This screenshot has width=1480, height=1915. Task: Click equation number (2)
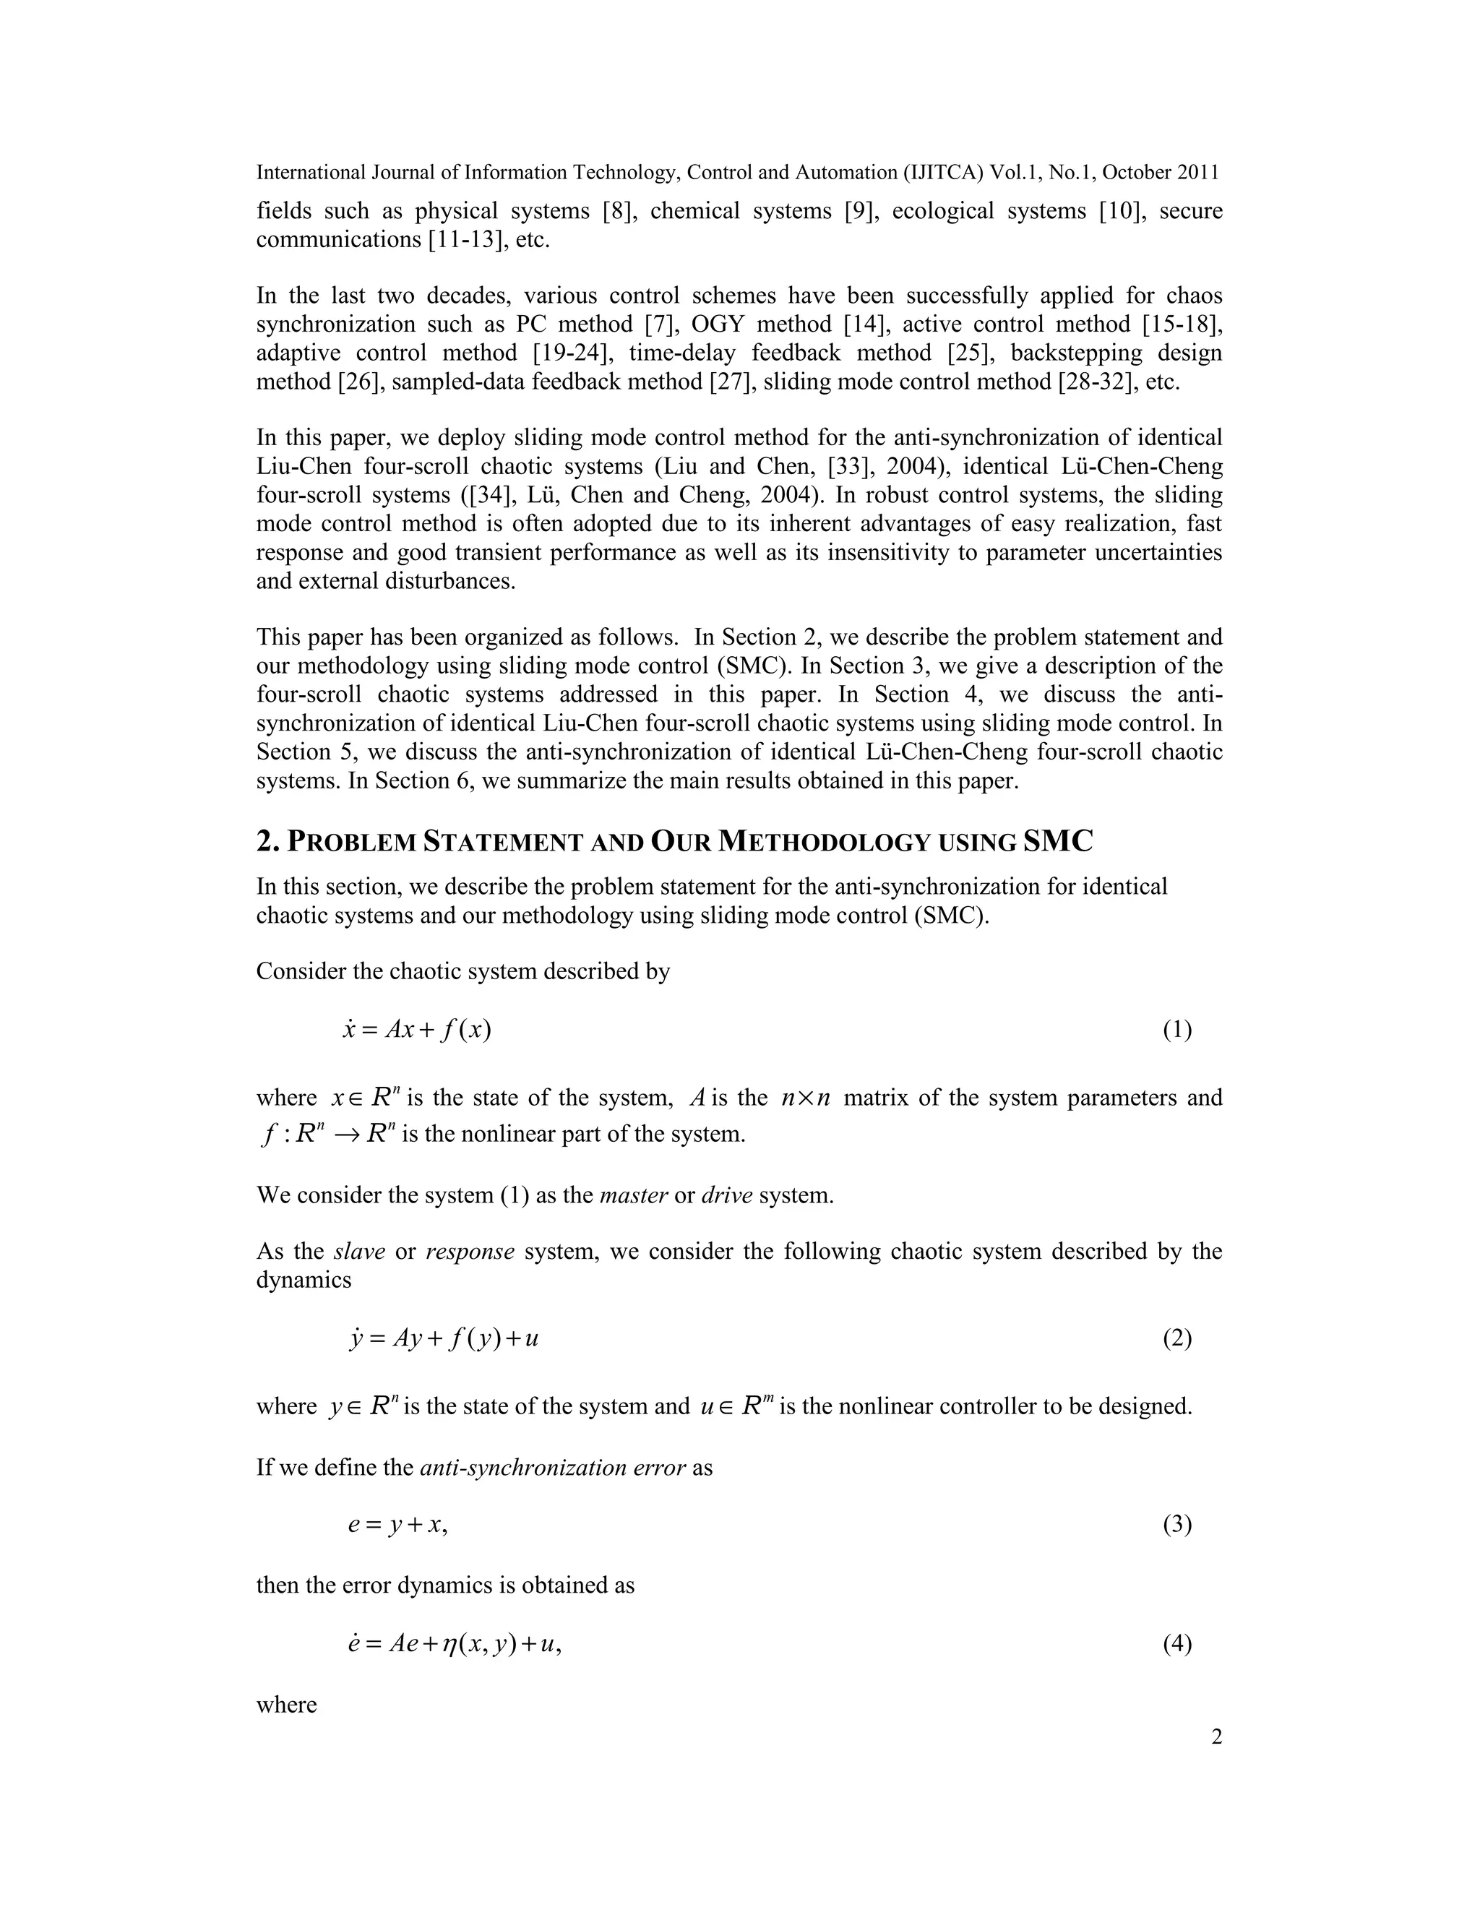[1176, 1339]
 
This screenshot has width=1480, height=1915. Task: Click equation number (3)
[1176, 1525]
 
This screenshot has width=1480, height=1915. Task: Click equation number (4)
[1176, 1644]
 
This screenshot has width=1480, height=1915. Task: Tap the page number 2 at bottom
[1216, 1737]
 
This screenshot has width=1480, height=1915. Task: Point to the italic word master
[633, 1196]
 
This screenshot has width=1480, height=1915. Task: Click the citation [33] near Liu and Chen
[846, 467]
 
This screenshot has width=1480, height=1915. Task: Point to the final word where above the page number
[286, 1705]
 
